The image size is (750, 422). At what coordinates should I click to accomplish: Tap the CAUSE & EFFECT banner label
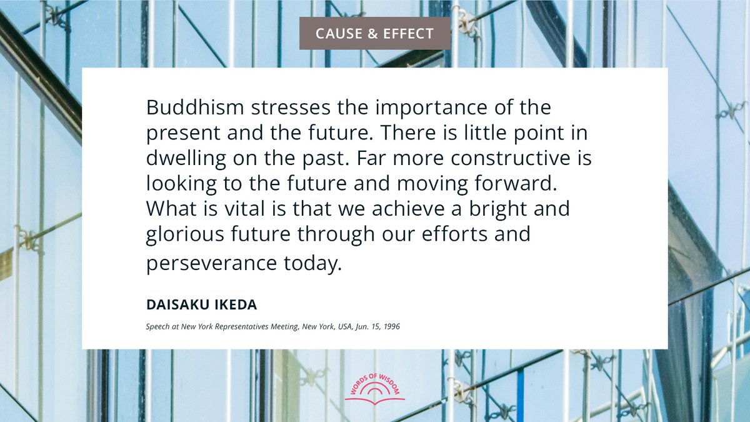click(x=374, y=33)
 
